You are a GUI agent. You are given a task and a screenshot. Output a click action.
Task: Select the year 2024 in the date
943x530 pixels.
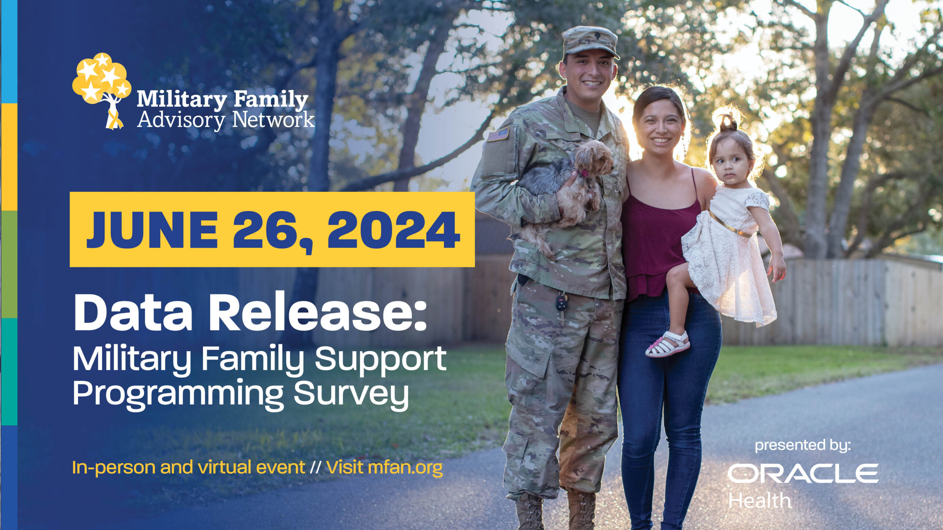click(x=393, y=230)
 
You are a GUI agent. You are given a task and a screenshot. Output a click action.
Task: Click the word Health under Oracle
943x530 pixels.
click(x=760, y=501)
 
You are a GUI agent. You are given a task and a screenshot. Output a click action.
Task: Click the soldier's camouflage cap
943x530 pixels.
click(x=590, y=40)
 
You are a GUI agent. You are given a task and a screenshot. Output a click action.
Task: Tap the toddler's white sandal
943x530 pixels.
click(x=667, y=344)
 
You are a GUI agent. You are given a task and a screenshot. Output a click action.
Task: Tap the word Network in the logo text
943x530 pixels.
click(x=273, y=120)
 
